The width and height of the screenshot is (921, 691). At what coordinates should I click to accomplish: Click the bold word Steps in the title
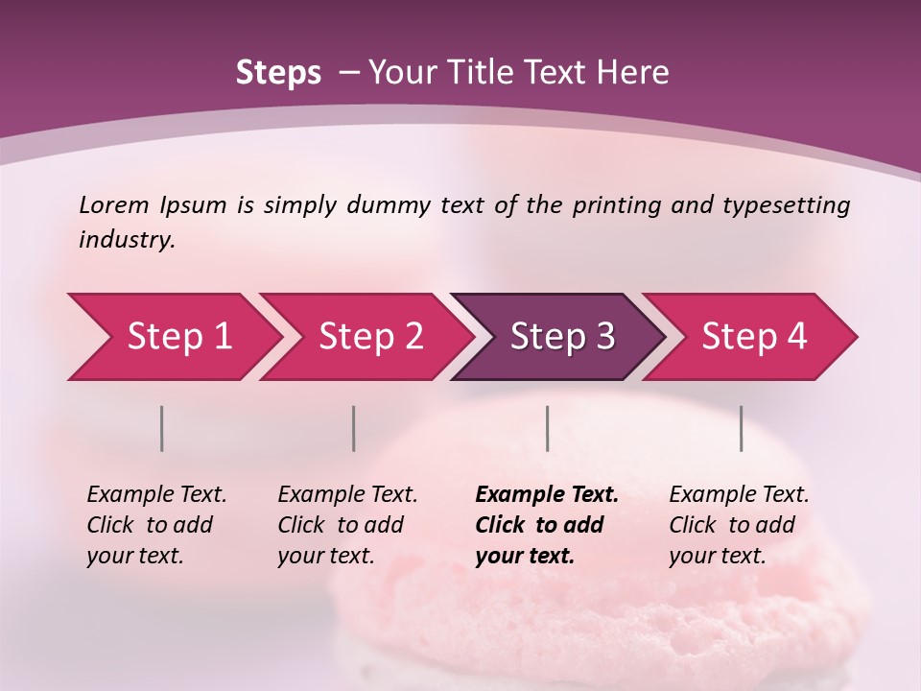point(278,73)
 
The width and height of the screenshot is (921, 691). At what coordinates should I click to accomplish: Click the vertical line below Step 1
point(161,428)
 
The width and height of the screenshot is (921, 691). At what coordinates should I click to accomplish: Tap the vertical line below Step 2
point(353,428)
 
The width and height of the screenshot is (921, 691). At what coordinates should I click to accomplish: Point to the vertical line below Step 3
point(547,428)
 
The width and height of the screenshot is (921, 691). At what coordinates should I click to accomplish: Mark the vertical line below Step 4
point(741,428)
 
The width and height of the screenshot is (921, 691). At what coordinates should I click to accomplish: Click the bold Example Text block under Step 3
point(547,525)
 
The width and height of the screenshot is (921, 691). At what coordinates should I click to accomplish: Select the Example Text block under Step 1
point(156,525)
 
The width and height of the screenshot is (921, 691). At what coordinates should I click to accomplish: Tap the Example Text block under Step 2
point(347,525)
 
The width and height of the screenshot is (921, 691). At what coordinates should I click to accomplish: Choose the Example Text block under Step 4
point(739,525)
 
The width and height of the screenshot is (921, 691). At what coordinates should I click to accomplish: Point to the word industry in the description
point(127,240)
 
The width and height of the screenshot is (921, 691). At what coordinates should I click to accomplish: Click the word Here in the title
point(636,73)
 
